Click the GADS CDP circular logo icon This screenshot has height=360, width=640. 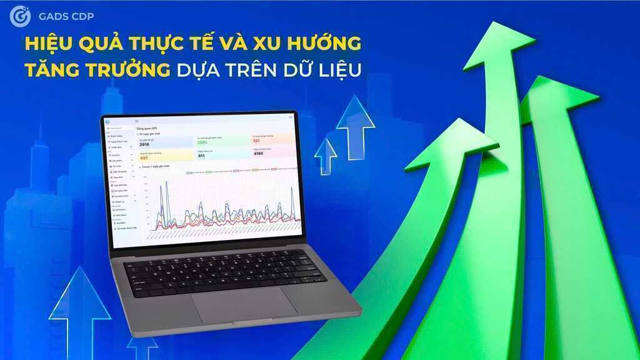coord(20,16)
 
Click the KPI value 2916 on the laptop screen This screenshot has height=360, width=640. coord(144,145)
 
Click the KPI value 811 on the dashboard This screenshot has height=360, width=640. coord(201,156)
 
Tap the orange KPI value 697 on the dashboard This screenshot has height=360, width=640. coord(145,158)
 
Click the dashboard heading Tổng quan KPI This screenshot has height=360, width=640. coord(147,127)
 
